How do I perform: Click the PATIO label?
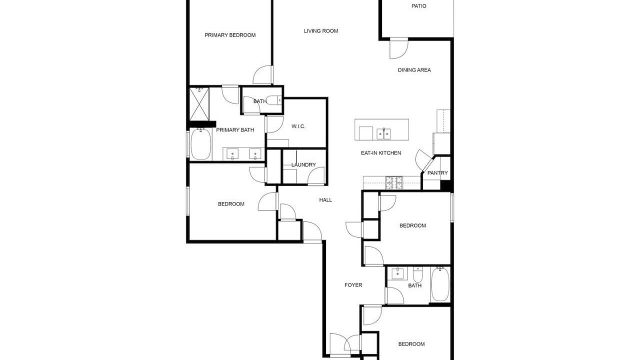pyautogui.click(x=419, y=6)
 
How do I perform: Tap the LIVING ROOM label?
pyautogui.click(x=321, y=31)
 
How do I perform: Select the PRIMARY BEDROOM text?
pyautogui.click(x=230, y=35)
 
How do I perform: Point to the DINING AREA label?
pyautogui.click(x=414, y=70)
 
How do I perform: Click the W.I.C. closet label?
pyautogui.click(x=298, y=126)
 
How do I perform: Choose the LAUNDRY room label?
pyautogui.click(x=303, y=165)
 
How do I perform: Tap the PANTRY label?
pyautogui.click(x=437, y=173)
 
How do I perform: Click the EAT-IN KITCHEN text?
pyautogui.click(x=381, y=153)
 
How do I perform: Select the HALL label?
pyautogui.click(x=325, y=200)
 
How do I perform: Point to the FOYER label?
pyautogui.click(x=353, y=285)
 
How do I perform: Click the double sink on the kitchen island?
pyautogui.click(x=383, y=133)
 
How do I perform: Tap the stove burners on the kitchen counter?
pyautogui.click(x=394, y=183)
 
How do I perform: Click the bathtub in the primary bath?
pyautogui.click(x=201, y=143)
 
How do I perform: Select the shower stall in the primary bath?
pyautogui.click(x=199, y=104)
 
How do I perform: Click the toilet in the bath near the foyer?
pyautogui.click(x=417, y=274)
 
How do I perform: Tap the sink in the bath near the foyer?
pyautogui.click(x=397, y=273)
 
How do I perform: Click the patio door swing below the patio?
pyautogui.click(x=399, y=48)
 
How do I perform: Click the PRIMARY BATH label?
pyautogui.click(x=235, y=130)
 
